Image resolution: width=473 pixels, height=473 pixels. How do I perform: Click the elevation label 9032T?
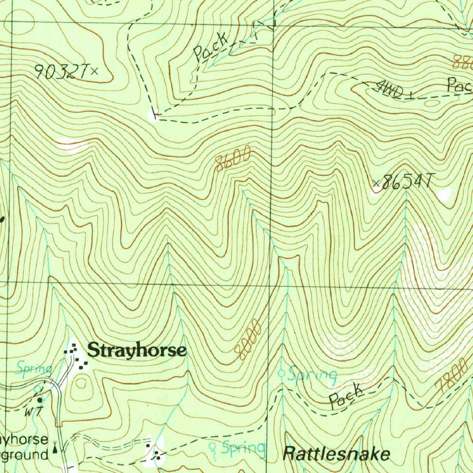(61, 72)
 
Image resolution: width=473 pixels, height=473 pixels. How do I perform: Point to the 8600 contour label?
(233, 158)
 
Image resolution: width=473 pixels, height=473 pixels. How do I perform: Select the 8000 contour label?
(248, 340)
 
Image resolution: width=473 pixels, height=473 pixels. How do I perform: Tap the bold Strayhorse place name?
(137, 351)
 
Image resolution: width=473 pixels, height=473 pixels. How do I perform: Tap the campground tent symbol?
(56, 447)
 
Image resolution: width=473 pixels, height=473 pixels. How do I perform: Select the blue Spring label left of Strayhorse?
(33, 369)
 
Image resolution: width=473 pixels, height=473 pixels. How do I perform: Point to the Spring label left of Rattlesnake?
(243, 448)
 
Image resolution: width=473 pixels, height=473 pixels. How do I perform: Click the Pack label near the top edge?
(211, 46)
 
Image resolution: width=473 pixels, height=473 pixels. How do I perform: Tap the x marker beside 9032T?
(95, 71)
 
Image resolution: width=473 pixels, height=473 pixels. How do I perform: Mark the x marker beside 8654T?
(376, 185)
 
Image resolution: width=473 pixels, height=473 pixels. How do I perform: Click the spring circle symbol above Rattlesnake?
(282, 373)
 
